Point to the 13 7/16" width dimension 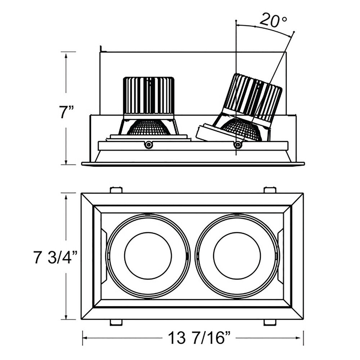[x=199, y=338]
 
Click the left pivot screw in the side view [x=149, y=144]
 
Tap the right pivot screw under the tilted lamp [x=238, y=144]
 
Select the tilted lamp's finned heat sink [x=252, y=97]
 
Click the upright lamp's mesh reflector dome [x=149, y=127]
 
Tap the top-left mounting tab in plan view [x=116, y=190]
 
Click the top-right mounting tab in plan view [x=270, y=190]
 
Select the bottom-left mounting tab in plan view [x=116, y=322]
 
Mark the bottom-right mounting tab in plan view [x=270, y=322]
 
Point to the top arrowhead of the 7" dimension [x=66, y=55]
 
